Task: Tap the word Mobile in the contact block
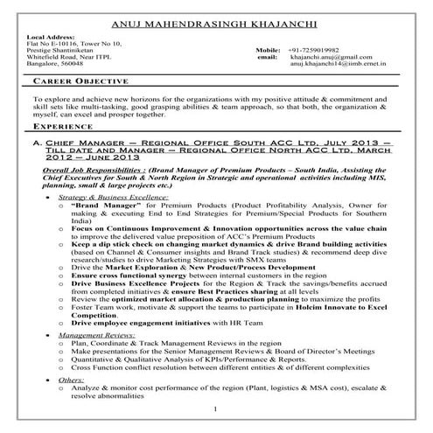tap(269, 50)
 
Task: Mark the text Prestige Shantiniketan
tap(60, 50)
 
